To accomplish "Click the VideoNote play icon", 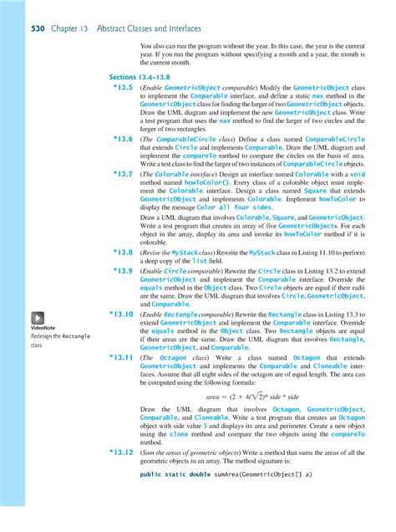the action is [x=39, y=318].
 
